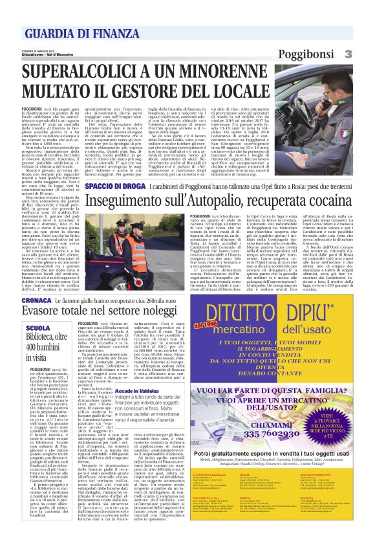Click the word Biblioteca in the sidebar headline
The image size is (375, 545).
[x=44, y=338]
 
